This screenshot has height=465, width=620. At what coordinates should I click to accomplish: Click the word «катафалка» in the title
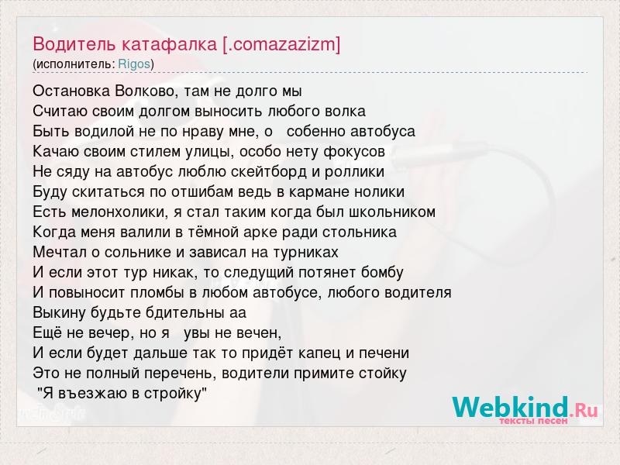[x=169, y=44]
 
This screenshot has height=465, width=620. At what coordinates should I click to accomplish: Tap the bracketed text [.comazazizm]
[x=281, y=45]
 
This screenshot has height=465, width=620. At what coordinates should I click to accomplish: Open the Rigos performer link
[x=134, y=64]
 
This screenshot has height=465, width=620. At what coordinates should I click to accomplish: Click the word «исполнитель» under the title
[x=74, y=64]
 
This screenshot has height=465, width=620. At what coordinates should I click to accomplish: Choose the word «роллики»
[x=354, y=172]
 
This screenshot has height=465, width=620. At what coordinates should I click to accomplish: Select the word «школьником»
[x=392, y=212]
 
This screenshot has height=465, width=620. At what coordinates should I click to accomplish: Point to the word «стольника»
[x=359, y=232]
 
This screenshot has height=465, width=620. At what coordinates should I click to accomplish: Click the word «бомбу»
[x=382, y=273]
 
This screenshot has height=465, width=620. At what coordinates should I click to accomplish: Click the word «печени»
[x=384, y=353]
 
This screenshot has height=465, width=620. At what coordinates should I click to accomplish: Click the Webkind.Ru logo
[x=525, y=410]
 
